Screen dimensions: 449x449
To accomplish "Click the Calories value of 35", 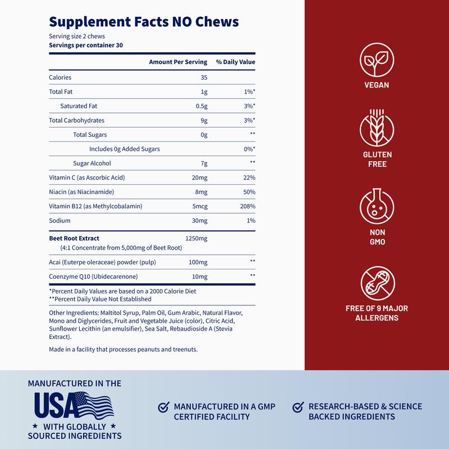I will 204,77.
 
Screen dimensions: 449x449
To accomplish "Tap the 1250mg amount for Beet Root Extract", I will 196,239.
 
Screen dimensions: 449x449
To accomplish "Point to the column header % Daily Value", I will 236,61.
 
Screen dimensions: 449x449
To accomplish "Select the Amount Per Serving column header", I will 178,61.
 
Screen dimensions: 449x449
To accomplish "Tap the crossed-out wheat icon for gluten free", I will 376,130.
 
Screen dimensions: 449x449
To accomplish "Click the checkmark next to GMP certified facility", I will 163,406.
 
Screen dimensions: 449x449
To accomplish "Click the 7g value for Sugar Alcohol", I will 204,163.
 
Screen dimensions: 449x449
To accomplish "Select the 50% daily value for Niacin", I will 249,192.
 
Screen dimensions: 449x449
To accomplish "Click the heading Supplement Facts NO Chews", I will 144,21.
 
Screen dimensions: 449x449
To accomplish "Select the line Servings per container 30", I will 86,45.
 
